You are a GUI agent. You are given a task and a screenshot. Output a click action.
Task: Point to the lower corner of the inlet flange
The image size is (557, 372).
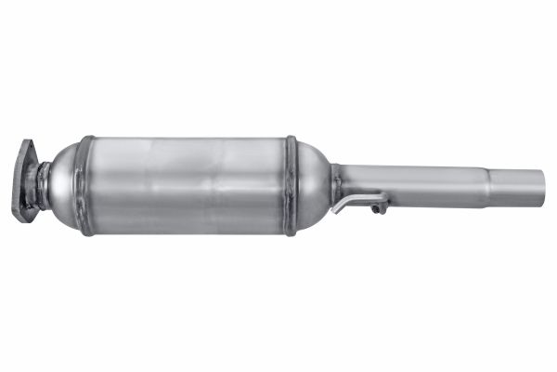point(21,217)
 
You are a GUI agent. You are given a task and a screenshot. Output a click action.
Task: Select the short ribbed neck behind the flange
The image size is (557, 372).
point(41,181)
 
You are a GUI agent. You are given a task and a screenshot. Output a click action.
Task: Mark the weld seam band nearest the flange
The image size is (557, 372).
point(86,185)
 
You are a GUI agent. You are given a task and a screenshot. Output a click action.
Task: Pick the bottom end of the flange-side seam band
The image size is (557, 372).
point(86,231)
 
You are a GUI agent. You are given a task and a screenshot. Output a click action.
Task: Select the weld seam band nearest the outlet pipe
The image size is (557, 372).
point(291,185)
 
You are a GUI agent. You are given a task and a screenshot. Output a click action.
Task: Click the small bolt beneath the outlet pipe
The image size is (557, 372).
point(379,208)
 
